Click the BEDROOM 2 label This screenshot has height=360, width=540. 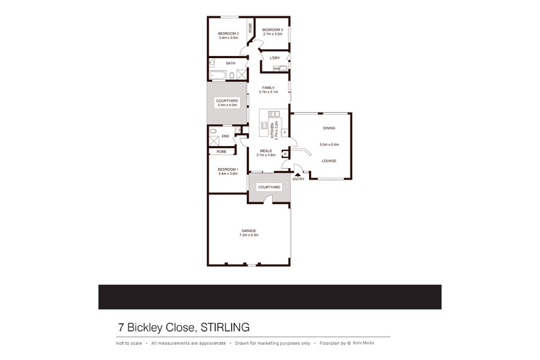[x=228, y=33]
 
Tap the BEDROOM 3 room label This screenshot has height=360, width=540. [x=273, y=29]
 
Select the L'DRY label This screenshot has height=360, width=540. [x=275, y=58]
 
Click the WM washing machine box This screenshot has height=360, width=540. [x=276, y=69]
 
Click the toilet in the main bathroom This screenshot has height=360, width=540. [x=232, y=75]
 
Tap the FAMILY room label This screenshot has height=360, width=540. [x=268, y=87]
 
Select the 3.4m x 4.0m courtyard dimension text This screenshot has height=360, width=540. [x=227, y=105]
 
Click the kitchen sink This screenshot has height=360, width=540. [x=271, y=113]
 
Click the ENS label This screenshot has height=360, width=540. [x=225, y=136]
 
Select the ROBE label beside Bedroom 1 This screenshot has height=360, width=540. [x=221, y=151]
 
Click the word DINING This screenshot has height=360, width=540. [x=329, y=128]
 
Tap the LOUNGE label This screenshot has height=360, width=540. [x=329, y=161]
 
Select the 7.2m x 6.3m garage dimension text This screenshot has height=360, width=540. [x=248, y=235]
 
